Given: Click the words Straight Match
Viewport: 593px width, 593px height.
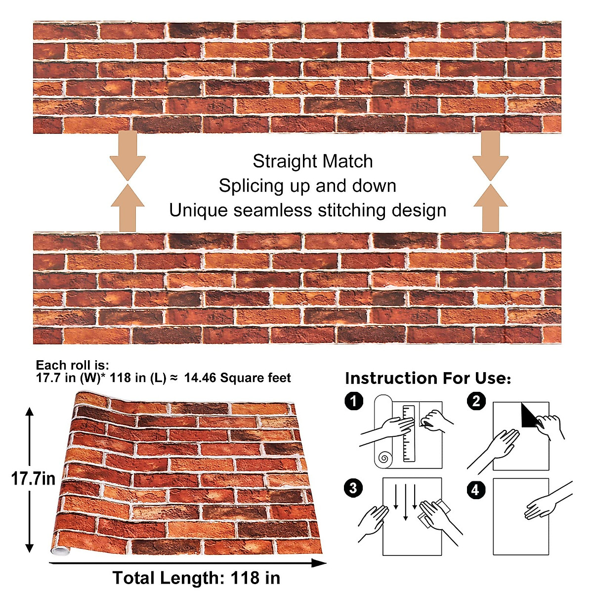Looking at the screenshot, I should (312, 162).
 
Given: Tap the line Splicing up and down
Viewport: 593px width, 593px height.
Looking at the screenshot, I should (307, 186).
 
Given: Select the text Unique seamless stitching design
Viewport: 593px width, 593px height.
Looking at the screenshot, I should (307, 211).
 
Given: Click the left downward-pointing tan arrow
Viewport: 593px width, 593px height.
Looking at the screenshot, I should (127, 156).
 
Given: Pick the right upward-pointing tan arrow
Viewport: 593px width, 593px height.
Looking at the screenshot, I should (490, 208).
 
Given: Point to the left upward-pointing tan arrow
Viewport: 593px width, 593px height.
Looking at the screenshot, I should (127, 208).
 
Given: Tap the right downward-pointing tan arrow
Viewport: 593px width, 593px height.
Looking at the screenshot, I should (490, 156).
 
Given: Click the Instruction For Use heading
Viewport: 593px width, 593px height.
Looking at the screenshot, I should (428, 379).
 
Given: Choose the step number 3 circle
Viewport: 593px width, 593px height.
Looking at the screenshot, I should (353, 488).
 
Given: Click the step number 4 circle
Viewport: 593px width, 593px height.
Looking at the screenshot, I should (475, 490).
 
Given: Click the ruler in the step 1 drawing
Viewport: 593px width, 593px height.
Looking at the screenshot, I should (409, 433).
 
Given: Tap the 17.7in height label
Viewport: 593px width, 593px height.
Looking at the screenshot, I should (33, 478).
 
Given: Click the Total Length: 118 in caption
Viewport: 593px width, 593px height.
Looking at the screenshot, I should (196, 578).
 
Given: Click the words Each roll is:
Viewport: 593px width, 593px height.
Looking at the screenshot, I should (72, 365).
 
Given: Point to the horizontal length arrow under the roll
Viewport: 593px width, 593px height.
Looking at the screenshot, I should (188, 563).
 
